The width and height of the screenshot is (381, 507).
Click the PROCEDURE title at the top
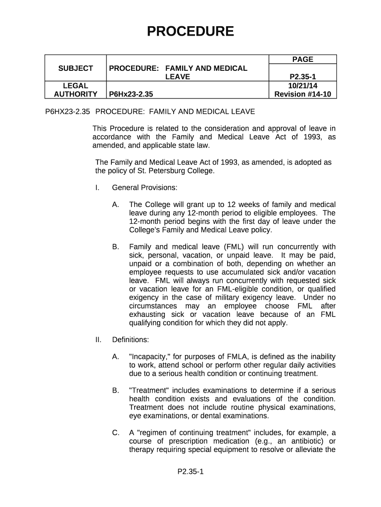coord(190,32)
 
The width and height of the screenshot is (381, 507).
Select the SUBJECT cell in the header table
coord(76,68)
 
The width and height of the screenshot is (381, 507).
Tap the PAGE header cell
coord(302,59)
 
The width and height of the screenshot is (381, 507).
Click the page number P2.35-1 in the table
coord(302,77)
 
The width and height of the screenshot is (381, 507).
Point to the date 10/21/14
coord(302,86)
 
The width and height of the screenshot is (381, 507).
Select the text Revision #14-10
coord(302,94)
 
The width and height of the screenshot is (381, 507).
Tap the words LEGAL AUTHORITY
coord(76,90)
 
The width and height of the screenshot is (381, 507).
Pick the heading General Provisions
coord(144,188)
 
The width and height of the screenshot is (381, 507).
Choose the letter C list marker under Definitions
coord(116,433)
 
